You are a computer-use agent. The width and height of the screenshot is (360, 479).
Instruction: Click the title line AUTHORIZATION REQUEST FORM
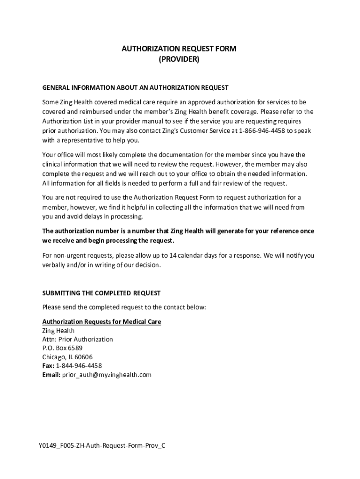pos(179,49)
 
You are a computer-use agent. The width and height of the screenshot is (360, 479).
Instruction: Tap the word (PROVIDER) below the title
pos(179,59)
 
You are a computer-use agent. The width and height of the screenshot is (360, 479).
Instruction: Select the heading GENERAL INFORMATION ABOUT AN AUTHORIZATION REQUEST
pos(135,87)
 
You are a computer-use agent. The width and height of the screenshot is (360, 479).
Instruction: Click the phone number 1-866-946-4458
pos(262,131)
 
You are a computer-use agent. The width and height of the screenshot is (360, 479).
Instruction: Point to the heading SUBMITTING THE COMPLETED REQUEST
pos(101,293)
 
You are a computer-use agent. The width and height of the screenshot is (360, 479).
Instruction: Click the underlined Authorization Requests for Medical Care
pos(101,322)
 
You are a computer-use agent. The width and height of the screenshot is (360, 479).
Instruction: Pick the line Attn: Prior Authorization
pos(77,339)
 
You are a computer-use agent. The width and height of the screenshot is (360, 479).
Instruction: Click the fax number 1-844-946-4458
pos(79,366)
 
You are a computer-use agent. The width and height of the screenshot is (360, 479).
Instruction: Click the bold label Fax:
pos(48,366)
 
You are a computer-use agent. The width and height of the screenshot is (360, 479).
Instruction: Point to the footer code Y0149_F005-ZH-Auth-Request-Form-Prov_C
pos(102,445)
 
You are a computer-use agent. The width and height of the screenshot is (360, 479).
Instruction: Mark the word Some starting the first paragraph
pos(50,102)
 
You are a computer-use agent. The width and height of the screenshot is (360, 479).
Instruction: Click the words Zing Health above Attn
pos(58,331)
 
